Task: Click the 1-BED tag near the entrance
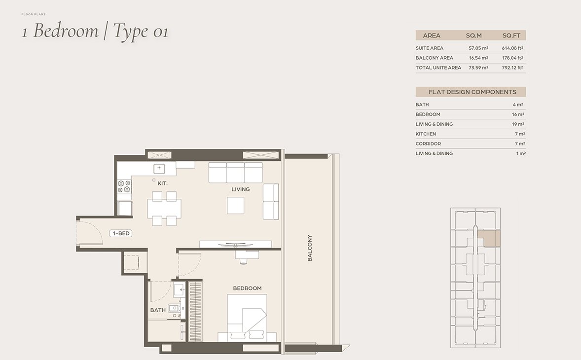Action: click(121, 233)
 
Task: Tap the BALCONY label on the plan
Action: click(310, 248)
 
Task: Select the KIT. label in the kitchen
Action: click(163, 183)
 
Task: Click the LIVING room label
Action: click(241, 189)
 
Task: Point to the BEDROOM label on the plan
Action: click(247, 288)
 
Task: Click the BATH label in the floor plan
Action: click(158, 310)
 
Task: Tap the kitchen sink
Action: click(159, 168)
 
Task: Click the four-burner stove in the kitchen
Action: click(124, 186)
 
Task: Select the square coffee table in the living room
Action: click(236, 205)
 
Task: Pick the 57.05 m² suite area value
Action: click(478, 48)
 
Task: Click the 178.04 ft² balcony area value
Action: click(512, 58)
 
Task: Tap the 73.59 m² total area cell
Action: click(478, 68)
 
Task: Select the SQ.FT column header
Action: click(511, 36)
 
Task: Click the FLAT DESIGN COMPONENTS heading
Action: click(472, 92)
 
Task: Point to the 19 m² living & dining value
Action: click(518, 124)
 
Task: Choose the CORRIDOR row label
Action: click(428, 144)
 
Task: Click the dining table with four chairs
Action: click(164, 209)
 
